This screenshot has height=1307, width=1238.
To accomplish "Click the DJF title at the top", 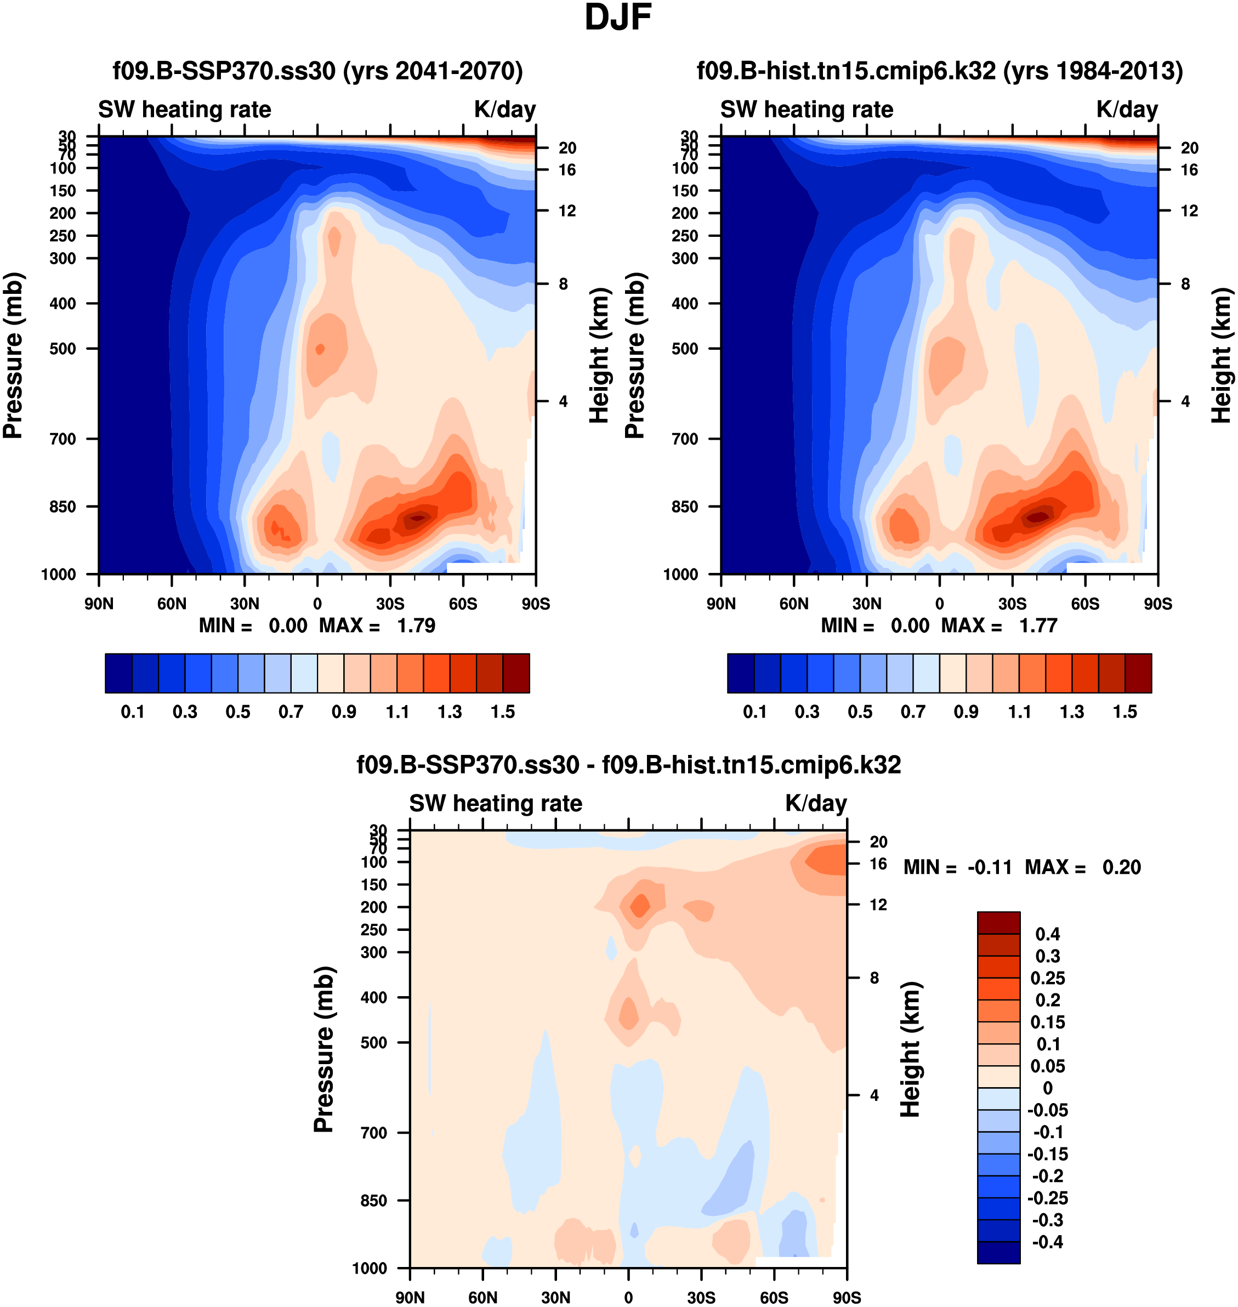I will pos(618,18).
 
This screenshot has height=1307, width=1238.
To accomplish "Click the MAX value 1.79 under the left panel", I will pos(416,626).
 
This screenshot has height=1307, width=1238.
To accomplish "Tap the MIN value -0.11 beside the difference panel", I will pos(989,867).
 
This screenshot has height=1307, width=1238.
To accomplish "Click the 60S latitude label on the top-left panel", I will pos(463,604).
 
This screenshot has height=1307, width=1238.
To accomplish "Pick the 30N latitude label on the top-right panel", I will pos(866,604).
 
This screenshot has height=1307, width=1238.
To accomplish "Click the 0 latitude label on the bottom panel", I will pos(628,1297).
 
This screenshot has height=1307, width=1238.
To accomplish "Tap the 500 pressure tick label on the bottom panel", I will pos(373,1042).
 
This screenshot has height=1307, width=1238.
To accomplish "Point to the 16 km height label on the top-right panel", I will pos(1189,170).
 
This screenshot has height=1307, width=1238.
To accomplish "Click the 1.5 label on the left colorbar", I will pos(503,712).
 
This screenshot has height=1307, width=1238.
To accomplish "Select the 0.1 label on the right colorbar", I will pos(755,712).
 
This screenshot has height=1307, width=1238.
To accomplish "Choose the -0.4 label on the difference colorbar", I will pos(1047,1242).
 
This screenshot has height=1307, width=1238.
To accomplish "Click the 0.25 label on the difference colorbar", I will pos(1047,978).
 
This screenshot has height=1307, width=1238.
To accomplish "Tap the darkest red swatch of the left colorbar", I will pos(516,673).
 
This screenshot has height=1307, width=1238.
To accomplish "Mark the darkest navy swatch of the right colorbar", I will pos(740,673).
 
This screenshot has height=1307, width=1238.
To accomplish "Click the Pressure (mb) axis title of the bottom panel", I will pos(323,1049).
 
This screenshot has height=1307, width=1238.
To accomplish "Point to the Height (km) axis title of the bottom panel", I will pos(910,1049).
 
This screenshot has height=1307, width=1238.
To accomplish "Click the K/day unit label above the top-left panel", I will pos(505,110).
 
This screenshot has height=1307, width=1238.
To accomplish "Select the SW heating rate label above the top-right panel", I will pos(807,110).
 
